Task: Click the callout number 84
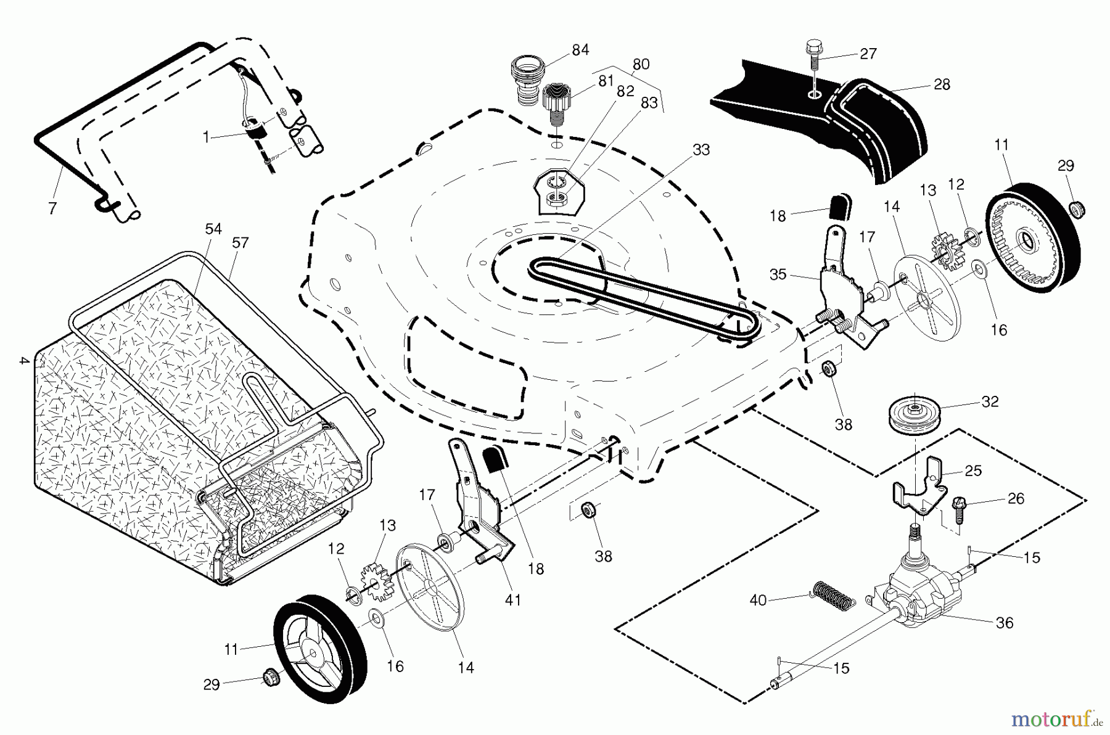[580, 50]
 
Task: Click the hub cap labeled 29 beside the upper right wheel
[1077, 209]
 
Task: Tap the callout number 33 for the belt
[701, 150]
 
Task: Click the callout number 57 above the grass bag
[240, 243]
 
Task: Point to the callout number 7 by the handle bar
[52, 208]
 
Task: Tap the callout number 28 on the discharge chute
[942, 84]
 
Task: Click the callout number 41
[513, 599]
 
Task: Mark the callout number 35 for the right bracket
[778, 274]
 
